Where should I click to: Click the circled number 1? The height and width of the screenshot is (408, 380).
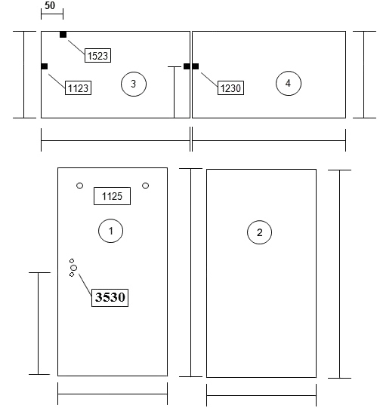(110, 231)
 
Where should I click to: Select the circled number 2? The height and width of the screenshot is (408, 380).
(259, 232)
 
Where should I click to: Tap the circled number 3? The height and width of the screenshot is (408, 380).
(134, 84)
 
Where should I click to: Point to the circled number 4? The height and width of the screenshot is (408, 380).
(289, 83)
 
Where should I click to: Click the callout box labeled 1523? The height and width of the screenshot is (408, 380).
(97, 55)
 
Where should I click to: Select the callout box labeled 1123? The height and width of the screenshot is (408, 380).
(78, 88)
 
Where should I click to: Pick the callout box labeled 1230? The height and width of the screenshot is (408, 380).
(230, 88)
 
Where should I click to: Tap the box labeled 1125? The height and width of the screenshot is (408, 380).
(112, 196)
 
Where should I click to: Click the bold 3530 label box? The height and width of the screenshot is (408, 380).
(110, 298)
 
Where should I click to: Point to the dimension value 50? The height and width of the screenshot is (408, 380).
(50, 5)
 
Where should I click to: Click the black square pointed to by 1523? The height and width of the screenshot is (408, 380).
(63, 35)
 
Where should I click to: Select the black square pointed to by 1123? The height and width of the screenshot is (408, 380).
(45, 66)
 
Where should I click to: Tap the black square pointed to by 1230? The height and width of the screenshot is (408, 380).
(196, 66)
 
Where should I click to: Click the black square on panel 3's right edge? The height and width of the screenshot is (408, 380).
(187, 66)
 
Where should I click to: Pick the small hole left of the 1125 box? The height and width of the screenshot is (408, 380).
(80, 186)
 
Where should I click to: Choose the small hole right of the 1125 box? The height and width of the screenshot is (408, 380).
(146, 186)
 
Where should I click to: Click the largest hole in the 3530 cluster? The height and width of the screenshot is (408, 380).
(74, 268)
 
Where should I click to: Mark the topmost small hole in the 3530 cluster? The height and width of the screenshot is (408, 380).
(72, 261)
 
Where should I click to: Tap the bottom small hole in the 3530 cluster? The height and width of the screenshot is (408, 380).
(72, 275)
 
